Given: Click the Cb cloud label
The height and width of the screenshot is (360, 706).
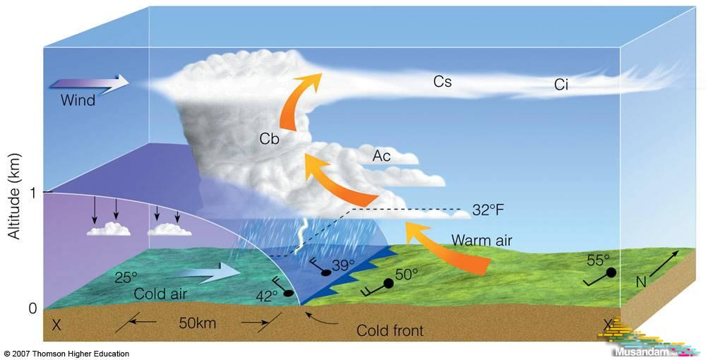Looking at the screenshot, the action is (269, 139).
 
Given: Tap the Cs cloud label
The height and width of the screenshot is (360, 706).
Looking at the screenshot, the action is (442, 81).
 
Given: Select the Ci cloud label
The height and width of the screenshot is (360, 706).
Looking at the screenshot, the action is (561, 85).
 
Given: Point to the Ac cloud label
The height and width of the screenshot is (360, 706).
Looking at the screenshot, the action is (381, 156).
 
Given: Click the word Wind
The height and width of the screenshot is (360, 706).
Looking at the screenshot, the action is (78, 100).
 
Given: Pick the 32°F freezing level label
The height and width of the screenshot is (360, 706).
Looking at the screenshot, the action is (488, 210).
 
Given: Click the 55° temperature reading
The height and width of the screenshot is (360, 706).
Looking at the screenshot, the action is (599, 260).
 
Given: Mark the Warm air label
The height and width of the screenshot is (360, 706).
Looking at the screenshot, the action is (481, 240).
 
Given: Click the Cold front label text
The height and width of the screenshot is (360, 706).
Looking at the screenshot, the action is (390, 331).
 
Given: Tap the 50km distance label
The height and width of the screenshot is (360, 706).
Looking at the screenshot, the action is (197, 323).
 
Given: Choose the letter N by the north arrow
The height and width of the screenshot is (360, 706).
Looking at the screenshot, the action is (642, 282).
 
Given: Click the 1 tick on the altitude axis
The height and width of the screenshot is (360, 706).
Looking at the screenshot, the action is (32, 193).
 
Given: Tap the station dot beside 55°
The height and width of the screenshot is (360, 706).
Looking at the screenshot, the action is (611, 272).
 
